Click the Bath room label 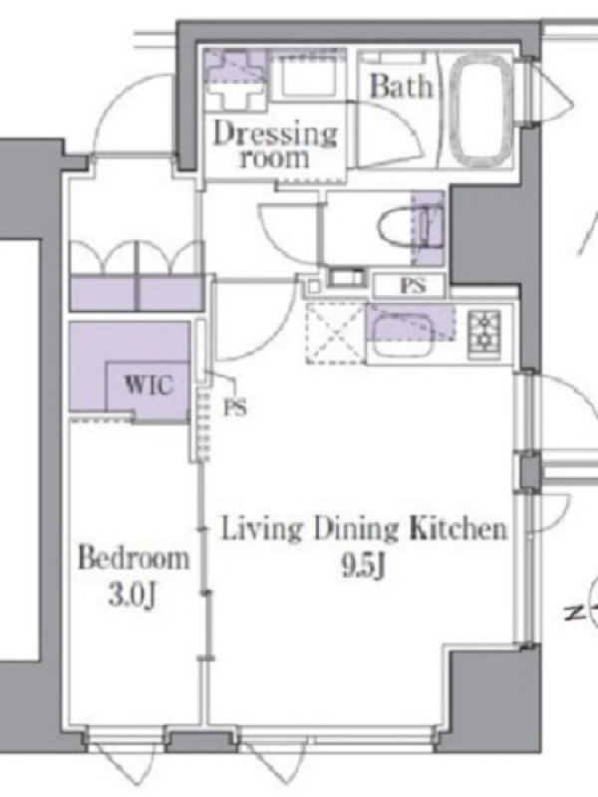tap(402, 86)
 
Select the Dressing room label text tap(275, 145)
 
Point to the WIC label tap(149, 385)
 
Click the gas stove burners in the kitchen tap(483, 332)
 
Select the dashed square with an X tap(336, 333)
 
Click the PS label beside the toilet tap(412, 286)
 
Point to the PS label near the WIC tap(235, 407)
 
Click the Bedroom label tap(134, 559)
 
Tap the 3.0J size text tap(132, 596)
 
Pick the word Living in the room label tap(260, 531)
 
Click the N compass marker tap(576, 614)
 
